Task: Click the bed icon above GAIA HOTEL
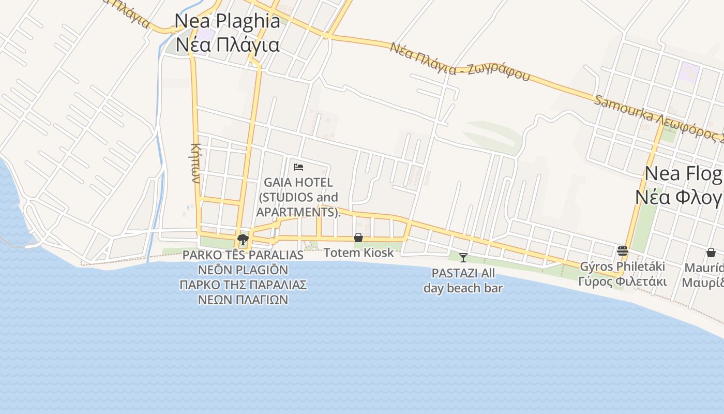click(298, 167)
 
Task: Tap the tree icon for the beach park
click(243, 239)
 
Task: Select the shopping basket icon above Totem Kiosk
click(358, 238)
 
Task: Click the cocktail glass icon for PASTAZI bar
click(463, 257)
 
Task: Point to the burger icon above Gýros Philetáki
click(623, 251)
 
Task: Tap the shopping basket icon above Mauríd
click(711, 253)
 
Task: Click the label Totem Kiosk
click(358, 253)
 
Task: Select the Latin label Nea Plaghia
click(228, 21)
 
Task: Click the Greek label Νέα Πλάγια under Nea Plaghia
click(228, 45)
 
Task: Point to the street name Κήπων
click(195, 163)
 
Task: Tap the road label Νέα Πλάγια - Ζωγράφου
click(460, 62)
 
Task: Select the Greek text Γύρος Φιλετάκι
click(623, 282)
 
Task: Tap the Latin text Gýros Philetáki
click(623, 267)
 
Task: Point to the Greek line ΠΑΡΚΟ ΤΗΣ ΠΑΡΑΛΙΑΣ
click(243, 285)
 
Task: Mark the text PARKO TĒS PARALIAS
click(243, 255)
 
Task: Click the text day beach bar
click(463, 288)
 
